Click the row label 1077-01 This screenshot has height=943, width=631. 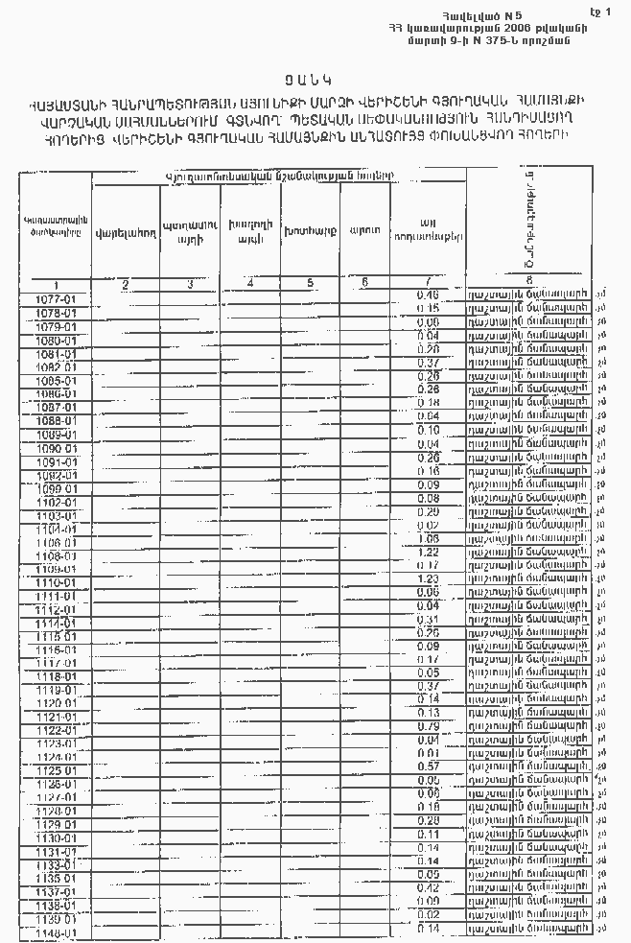point(55,299)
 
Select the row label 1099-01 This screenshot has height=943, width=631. point(55,488)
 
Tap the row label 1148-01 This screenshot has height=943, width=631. point(55,932)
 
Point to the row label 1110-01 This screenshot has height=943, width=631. point(55,582)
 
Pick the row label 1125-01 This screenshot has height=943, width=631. point(55,770)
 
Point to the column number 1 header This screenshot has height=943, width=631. point(57,284)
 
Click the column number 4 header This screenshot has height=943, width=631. point(249,282)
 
